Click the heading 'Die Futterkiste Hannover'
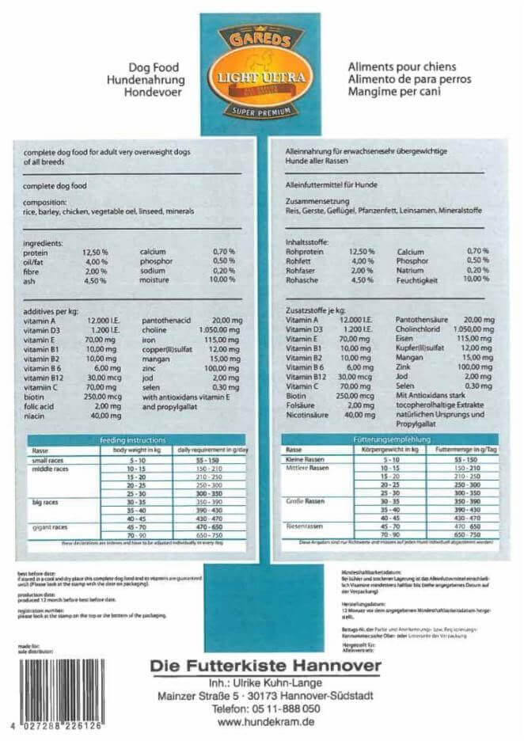pos(265,666)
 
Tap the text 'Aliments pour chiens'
pos(395,68)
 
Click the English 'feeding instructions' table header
pos(132,439)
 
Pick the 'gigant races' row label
pos(51,526)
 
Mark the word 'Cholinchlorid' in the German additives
pos(423,329)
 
